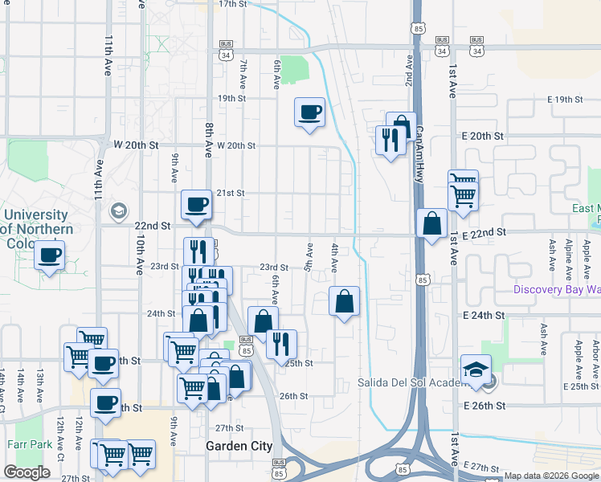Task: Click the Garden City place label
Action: pos(239,446)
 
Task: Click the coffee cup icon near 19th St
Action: pos(309,112)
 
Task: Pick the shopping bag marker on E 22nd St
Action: pos(432,224)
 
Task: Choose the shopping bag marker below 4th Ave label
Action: pos(344,303)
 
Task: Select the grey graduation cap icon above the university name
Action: pos(119,210)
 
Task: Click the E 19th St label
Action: pos(564,100)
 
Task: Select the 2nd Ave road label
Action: pos(409,71)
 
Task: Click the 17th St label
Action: pos(231,4)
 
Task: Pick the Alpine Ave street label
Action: pos(569,252)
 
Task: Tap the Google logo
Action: pos(27,472)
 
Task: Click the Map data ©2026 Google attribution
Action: pos(551,476)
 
